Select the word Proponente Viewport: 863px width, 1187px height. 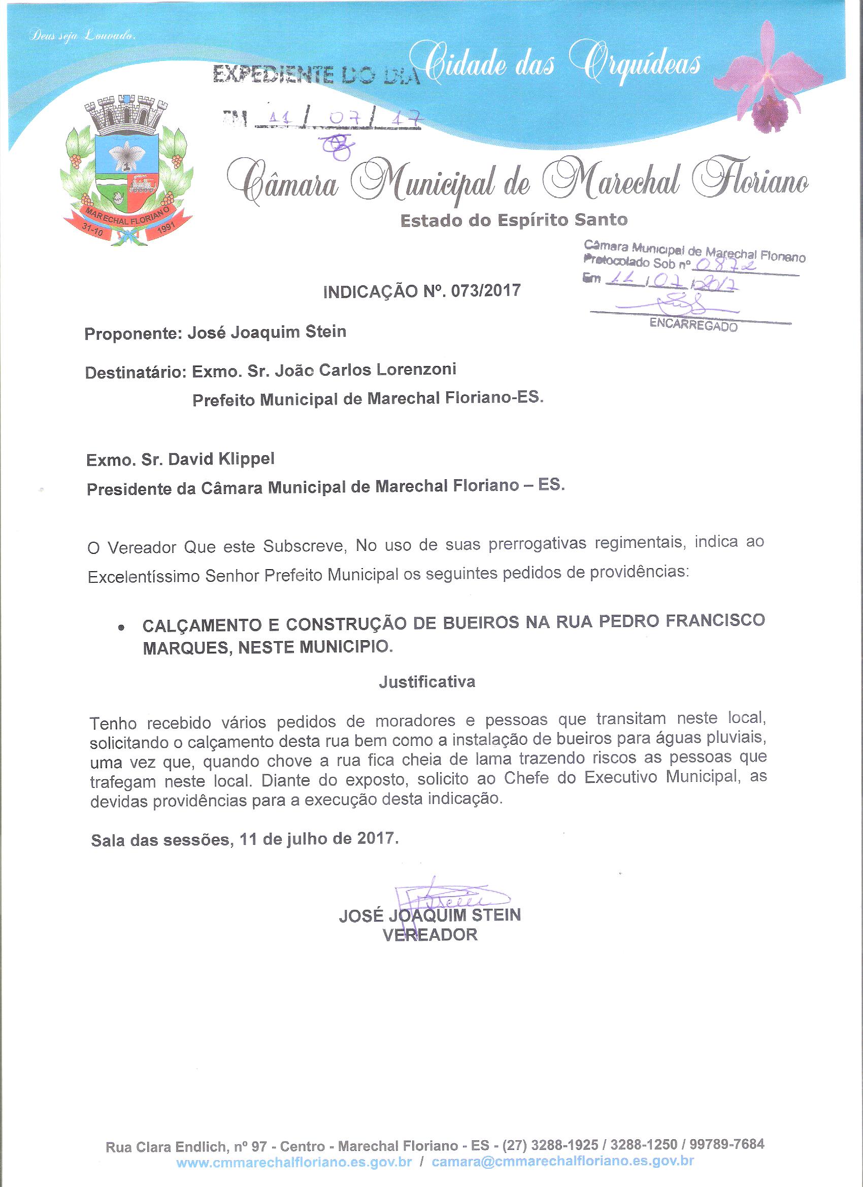pos(132,334)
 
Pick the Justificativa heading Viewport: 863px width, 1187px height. pos(427,682)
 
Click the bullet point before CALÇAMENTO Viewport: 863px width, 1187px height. pos(121,628)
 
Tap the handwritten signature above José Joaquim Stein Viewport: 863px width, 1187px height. pos(439,900)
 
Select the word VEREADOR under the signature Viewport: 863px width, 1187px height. pos(430,935)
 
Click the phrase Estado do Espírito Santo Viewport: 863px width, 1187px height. pos(513,220)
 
